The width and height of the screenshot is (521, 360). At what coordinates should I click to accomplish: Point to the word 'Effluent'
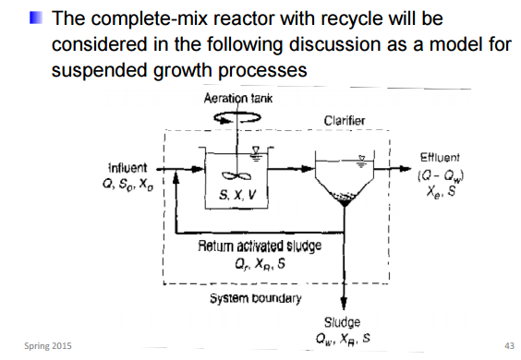point(444,158)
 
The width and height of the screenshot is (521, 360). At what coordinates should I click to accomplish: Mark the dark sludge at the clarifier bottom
point(345,203)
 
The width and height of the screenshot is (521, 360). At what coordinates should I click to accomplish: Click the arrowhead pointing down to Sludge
point(345,309)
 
